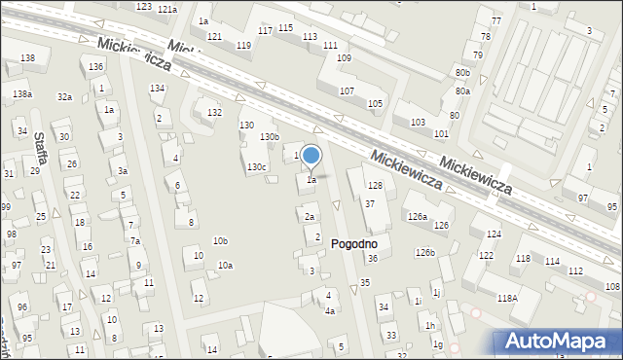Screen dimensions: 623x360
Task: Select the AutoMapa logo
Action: [559, 342]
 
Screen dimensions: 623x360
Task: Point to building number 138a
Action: [22, 94]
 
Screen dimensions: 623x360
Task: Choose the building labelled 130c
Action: [256, 167]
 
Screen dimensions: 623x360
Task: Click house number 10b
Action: [221, 241]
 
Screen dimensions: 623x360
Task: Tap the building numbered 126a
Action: [418, 217]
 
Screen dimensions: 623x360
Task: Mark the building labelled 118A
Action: [507, 299]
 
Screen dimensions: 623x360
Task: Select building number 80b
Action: [462, 73]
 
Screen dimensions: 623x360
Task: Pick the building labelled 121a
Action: [167, 9]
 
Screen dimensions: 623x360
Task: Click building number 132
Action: [214, 113]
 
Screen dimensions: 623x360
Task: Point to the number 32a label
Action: [64, 97]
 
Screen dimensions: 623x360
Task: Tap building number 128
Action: [375, 186]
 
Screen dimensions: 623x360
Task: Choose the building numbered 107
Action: [347, 90]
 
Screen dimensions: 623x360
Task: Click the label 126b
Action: [424, 253]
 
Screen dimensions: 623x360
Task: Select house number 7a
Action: [135, 240]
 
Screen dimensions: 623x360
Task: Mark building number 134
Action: [157, 89]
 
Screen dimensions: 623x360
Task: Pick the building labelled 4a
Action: [330, 310]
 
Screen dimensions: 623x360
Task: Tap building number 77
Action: [496, 21]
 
